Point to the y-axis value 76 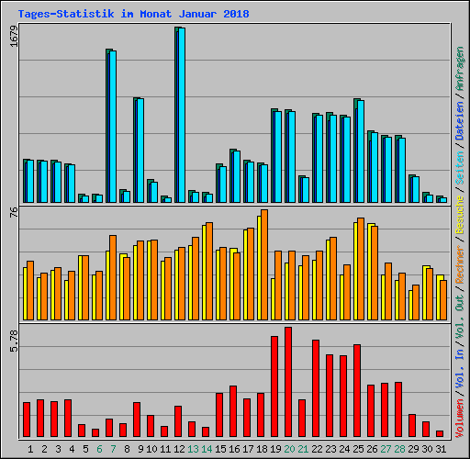tap(13, 213)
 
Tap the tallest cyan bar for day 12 tap(181, 115)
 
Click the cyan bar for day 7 tap(112, 127)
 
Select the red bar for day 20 tap(288, 382)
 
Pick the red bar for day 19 tap(274, 386)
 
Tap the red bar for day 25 tap(357, 390)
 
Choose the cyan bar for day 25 tap(360, 151)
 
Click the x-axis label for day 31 tap(440, 449)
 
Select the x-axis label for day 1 tap(30, 449)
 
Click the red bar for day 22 tap(316, 388)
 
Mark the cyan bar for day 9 tap(140, 151)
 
